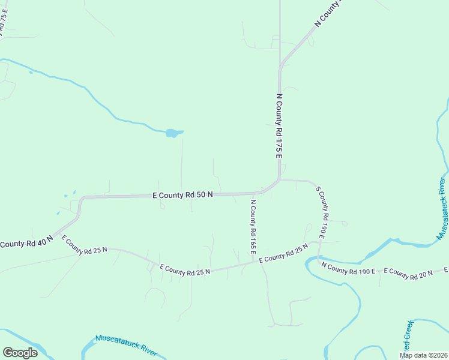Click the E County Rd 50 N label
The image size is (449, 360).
183,195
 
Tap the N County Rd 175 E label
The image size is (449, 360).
279,126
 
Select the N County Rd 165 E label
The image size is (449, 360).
253,226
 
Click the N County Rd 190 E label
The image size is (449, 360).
348,268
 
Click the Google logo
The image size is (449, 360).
20,353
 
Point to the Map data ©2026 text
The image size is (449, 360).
424,355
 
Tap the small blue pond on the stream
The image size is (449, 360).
173,133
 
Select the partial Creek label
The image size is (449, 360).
408,337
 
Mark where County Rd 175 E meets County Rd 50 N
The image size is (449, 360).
279,179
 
